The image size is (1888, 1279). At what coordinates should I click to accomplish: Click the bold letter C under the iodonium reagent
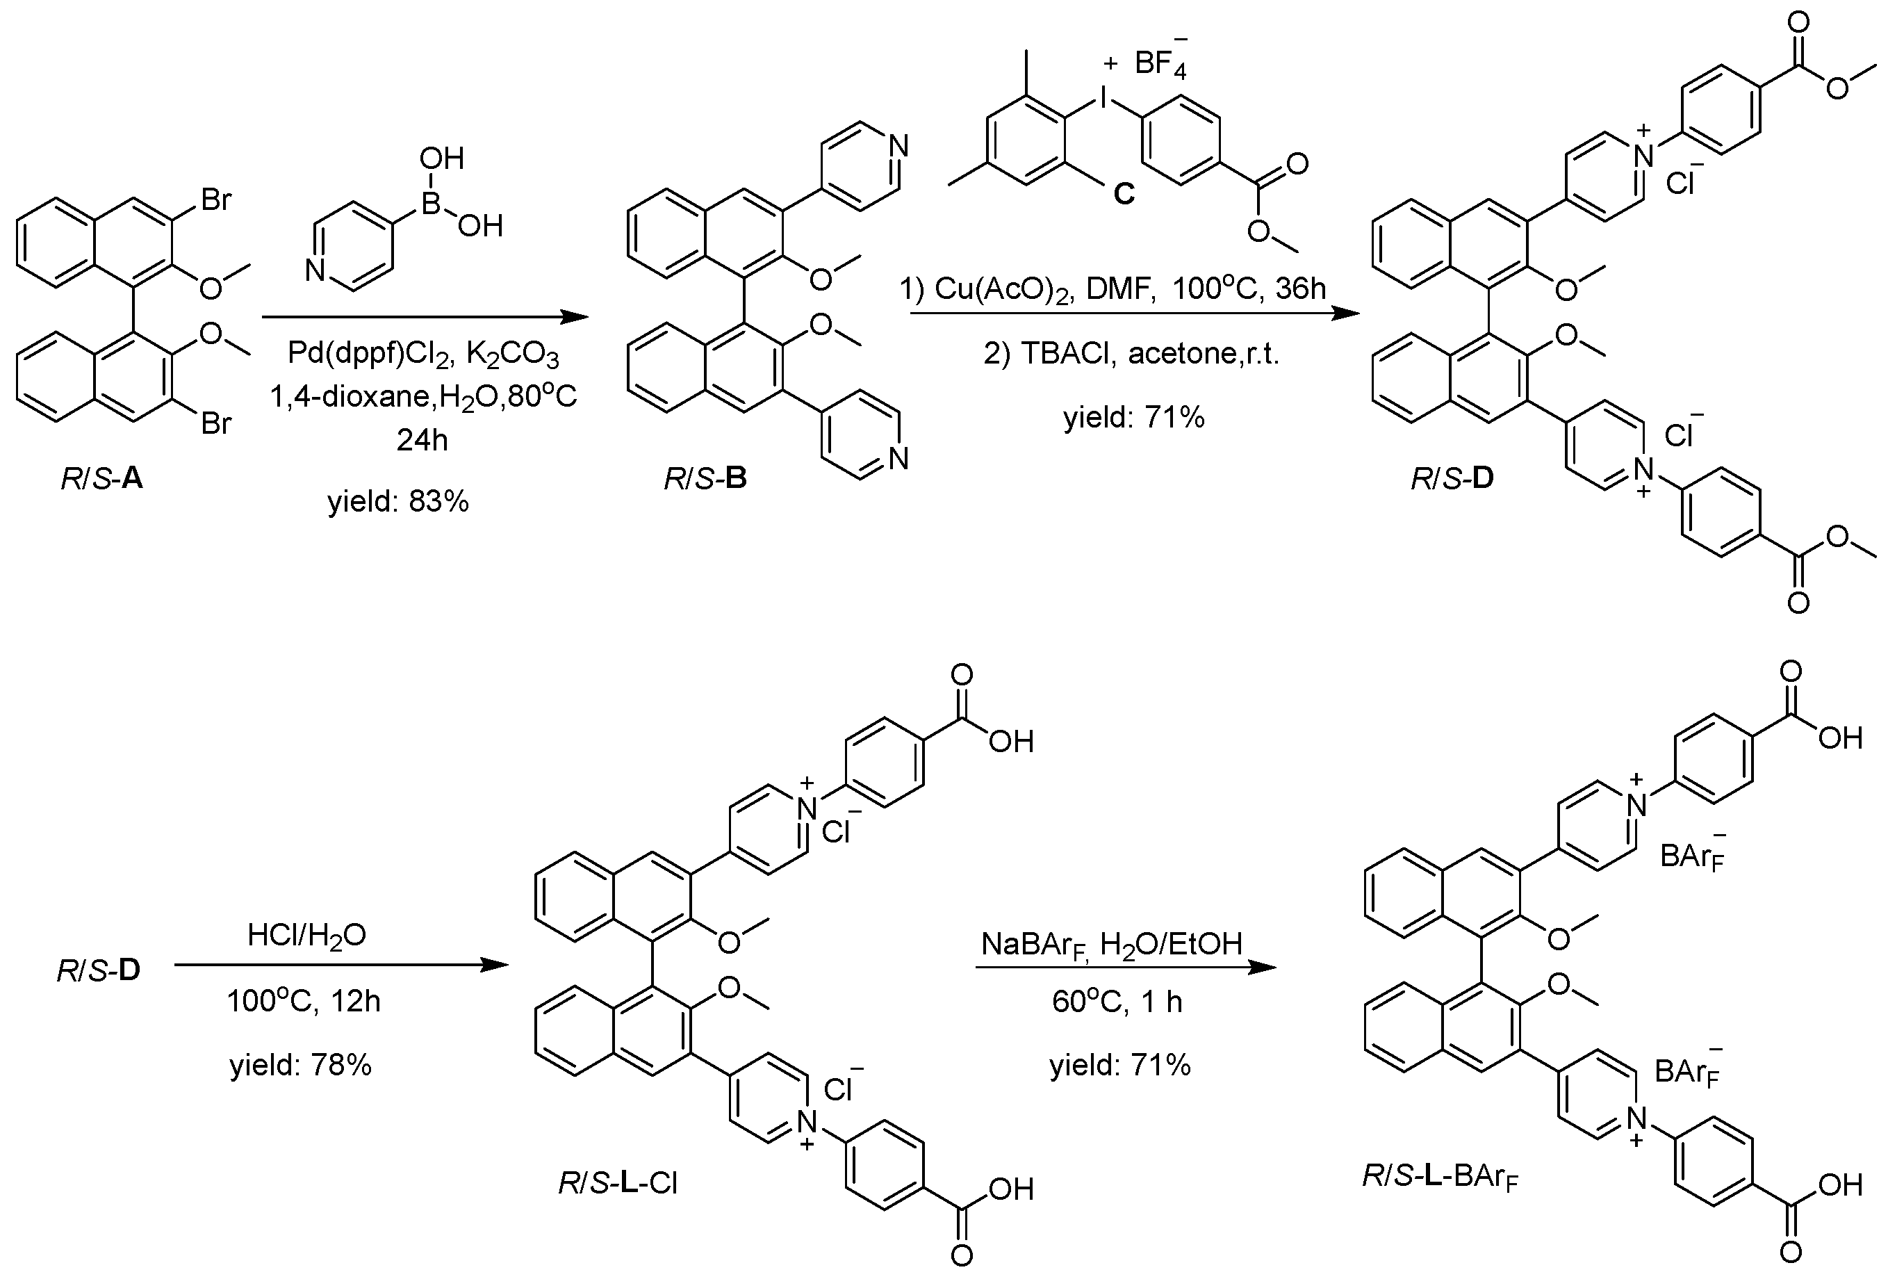pyautogui.click(x=1124, y=193)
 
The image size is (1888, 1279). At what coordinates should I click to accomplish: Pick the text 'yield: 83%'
pyautogui.click(x=398, y=501)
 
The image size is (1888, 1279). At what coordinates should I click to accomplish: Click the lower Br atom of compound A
pyautogui.click(x=216, y=423)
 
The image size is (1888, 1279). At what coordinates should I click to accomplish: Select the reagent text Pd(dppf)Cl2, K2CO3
pyautogui.click(x=423, y=355)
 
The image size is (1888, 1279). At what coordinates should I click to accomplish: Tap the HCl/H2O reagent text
pyautogui.click(x=307, y=936)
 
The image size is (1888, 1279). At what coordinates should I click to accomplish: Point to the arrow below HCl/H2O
pyautogui.click(x=341, y=966)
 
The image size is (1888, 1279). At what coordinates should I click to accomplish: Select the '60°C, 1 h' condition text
pyautogui.click(x=1117, y=1002)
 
